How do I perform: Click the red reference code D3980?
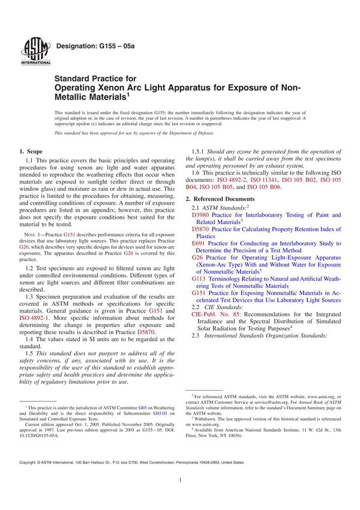[202, 214]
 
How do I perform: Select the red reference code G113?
[200, 278]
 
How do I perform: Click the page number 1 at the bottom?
[180, 497]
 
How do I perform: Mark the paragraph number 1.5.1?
[199, 152]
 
